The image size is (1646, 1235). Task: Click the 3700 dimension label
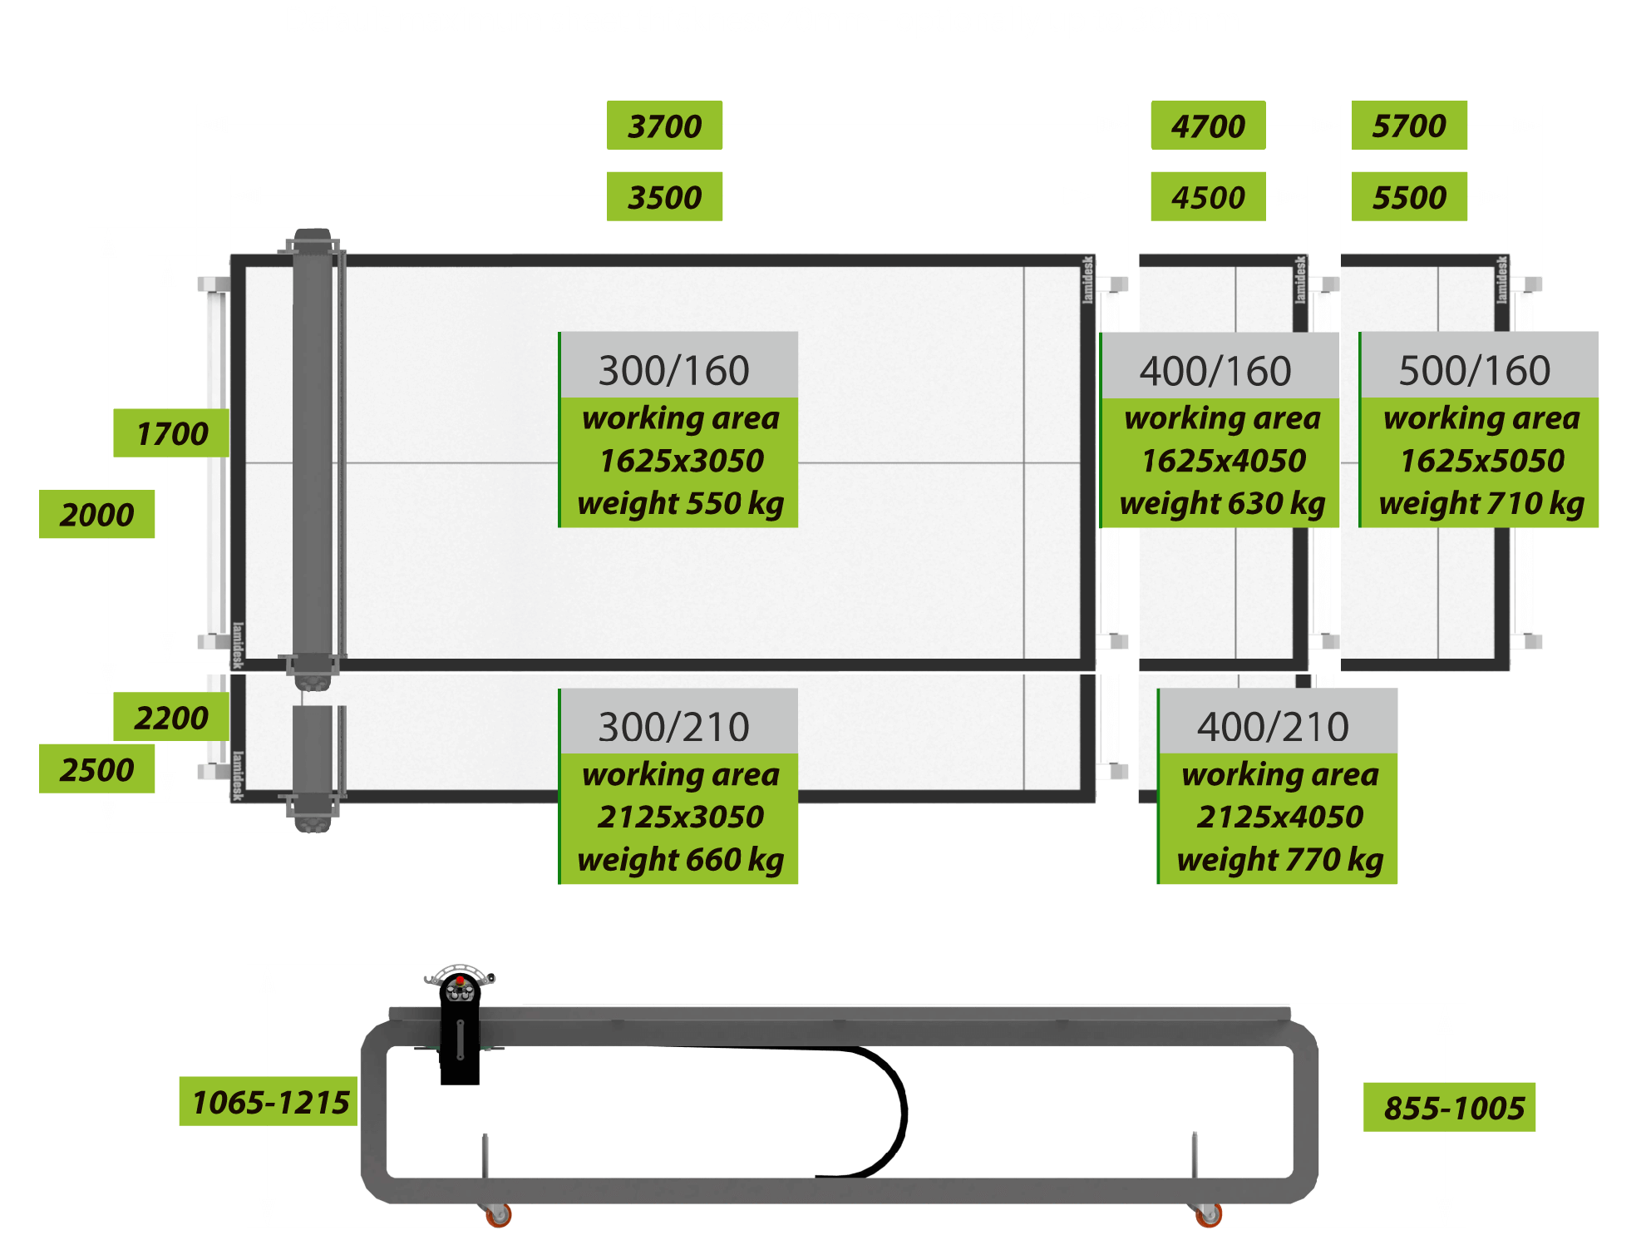[664, 126]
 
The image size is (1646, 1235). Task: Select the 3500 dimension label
[664, 197]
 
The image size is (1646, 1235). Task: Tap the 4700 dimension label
[1208, 126]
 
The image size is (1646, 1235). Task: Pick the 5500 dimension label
[1409, 197]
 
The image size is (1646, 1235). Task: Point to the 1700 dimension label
[171, 433]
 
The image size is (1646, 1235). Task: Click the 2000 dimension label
[96, 515]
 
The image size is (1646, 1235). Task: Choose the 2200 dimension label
[171, 717]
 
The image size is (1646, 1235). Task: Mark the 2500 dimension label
[96, 769]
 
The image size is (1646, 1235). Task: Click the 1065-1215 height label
[269, 1102]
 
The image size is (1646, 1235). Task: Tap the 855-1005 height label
[1453, 1108]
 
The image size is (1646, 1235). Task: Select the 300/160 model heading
[674, 370]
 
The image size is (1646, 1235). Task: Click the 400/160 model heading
[1215, 370]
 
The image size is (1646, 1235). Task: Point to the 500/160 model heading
[1475, 370]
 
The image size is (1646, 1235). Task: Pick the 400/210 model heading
[1273, 726]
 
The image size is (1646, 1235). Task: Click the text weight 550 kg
[681, 503]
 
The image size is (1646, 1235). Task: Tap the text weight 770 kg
[1280, 859]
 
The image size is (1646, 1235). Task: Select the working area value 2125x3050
[681, 816]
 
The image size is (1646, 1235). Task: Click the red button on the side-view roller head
[460, 981]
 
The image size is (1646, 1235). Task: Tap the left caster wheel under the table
[498, 1215]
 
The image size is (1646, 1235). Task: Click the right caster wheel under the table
[1209, 1215]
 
